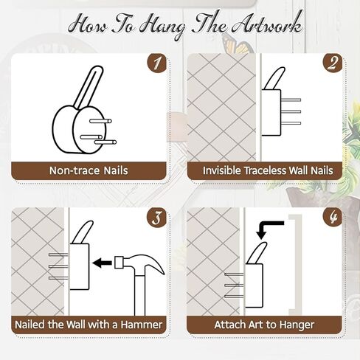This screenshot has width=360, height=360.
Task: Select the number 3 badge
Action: pos(156,218)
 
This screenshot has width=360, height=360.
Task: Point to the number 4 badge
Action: pos(333,218)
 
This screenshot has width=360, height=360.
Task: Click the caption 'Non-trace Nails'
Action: pos(89,170)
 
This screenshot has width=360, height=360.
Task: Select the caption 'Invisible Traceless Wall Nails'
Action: pos(268,170)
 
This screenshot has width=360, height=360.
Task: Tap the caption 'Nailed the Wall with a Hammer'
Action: pos(89,325)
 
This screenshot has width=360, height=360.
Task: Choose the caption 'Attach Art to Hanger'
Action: pos(264,325)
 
